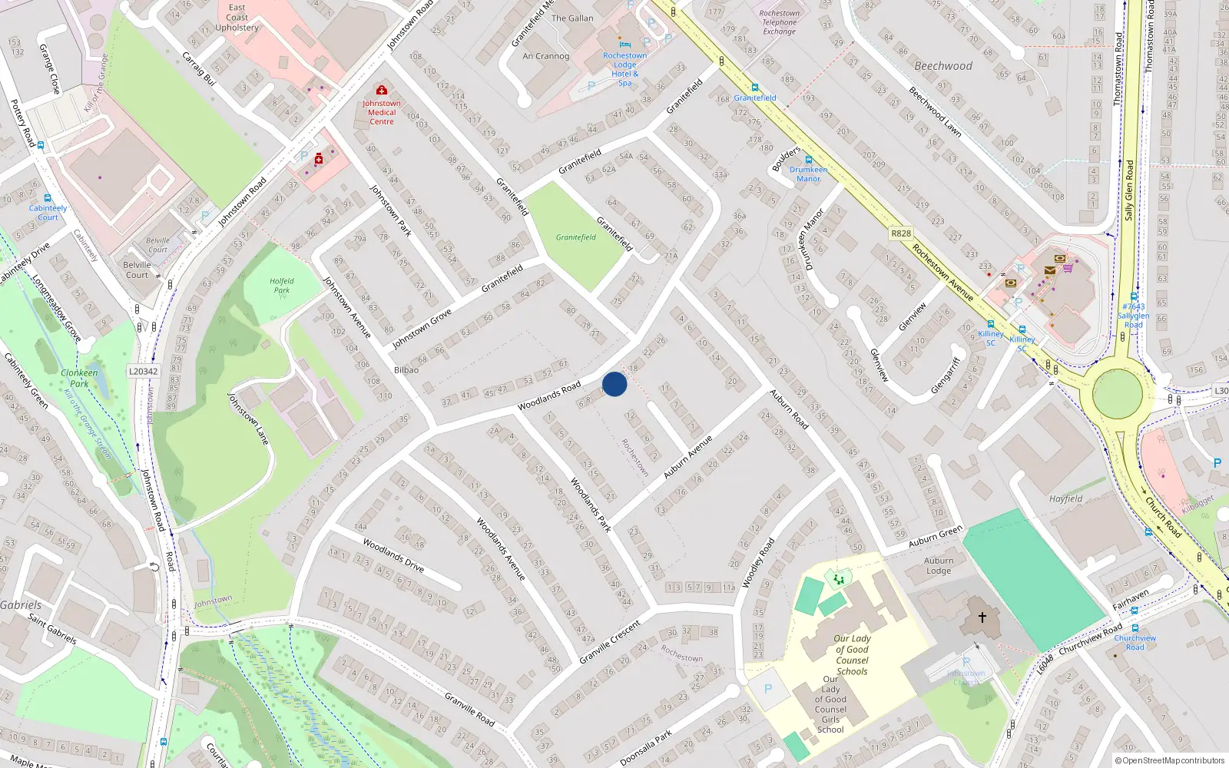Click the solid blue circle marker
point(614,384)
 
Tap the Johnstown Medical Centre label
point(382,112)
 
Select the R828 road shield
point(901,233)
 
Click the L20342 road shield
point(143,372)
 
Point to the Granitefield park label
point(576,237)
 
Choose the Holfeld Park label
point(282,286)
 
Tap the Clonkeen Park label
point(79,378)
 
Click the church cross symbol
point(982,617)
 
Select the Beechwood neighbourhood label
point(943,66)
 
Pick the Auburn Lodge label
point(939,566)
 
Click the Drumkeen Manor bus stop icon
point(808,161)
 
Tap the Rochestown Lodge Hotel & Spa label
point(624,69)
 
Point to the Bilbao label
point(406,370)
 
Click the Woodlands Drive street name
point(393,555)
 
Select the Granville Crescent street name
point(610,642)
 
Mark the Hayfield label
point(1066,499)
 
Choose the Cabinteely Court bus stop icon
point(48,198)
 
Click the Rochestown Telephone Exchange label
point(779,22)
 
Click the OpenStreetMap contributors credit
point(1172,760)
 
